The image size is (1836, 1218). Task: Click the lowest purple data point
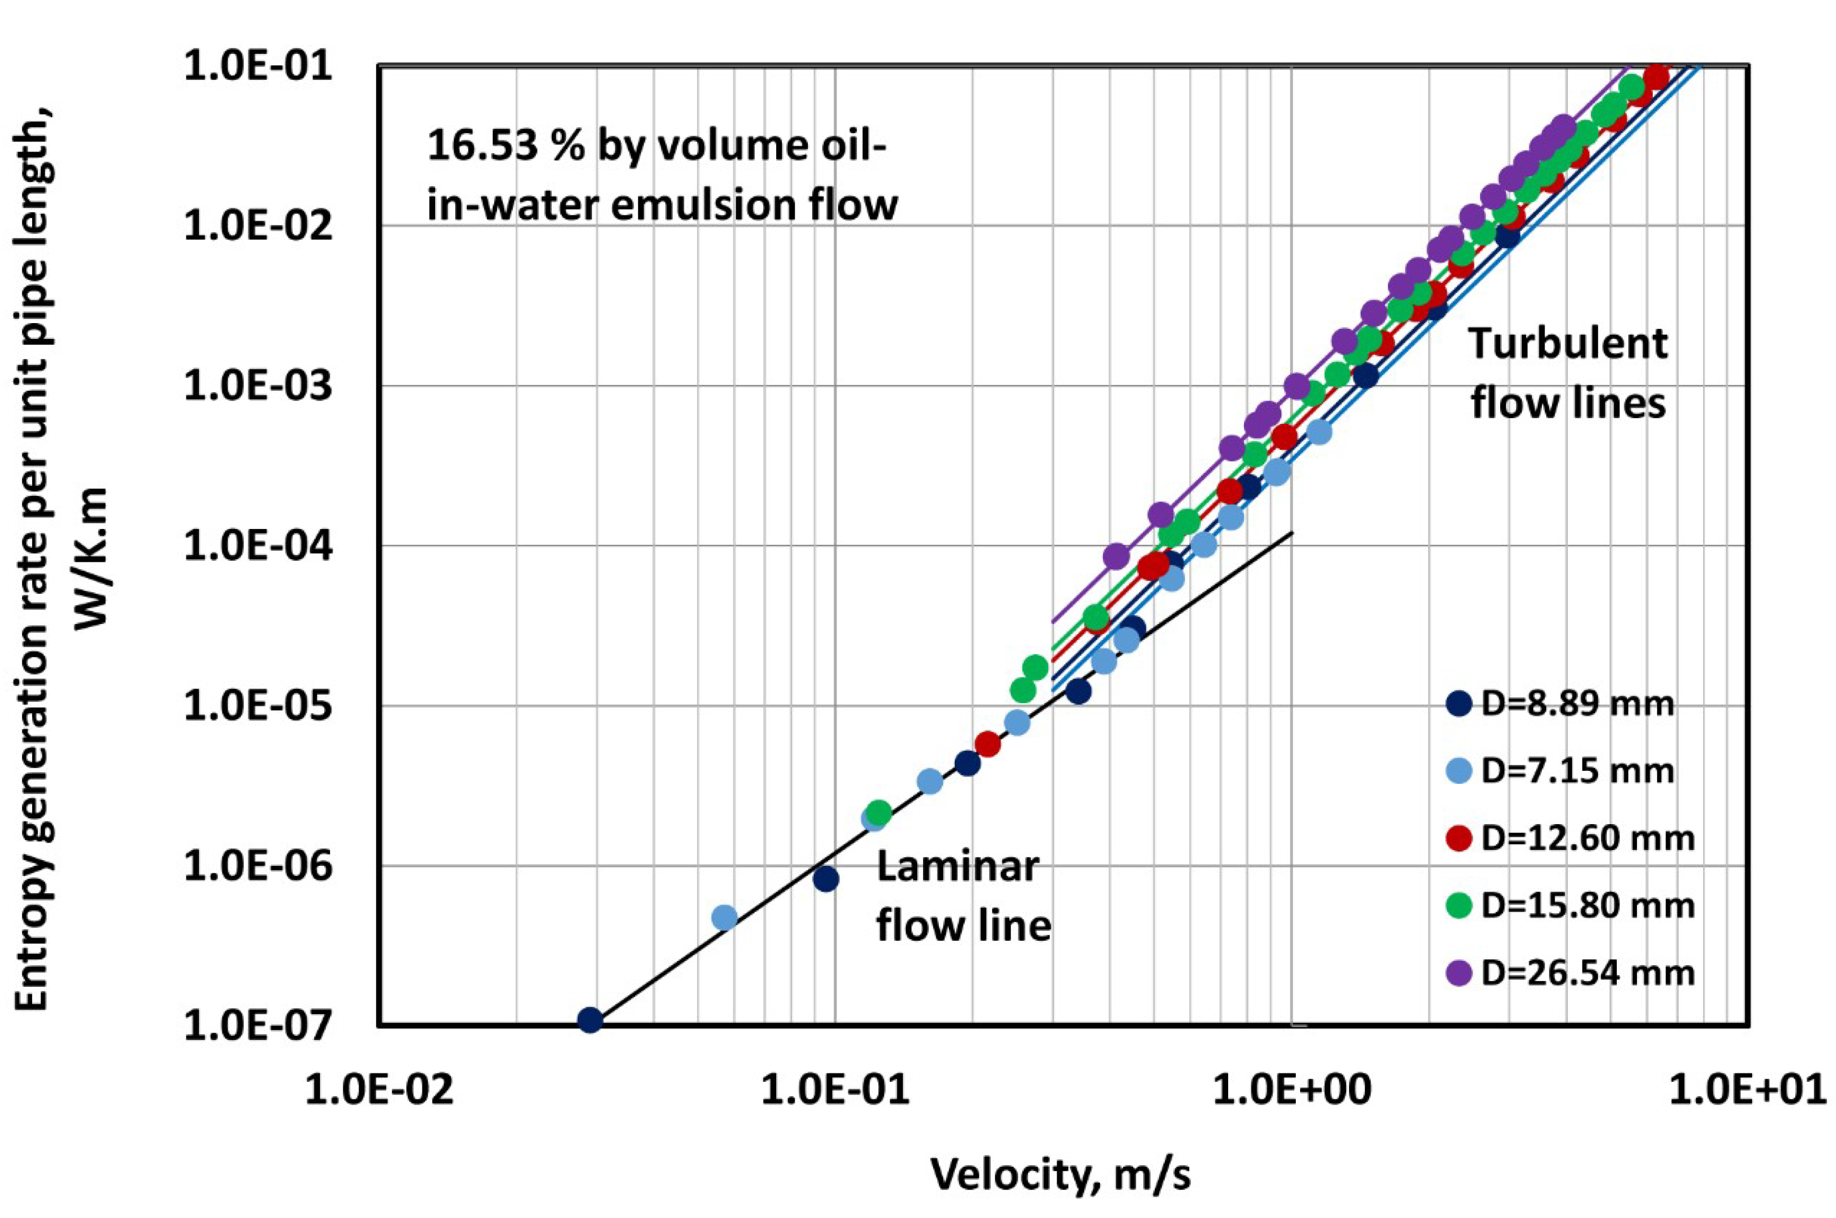tap(1116, 555)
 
